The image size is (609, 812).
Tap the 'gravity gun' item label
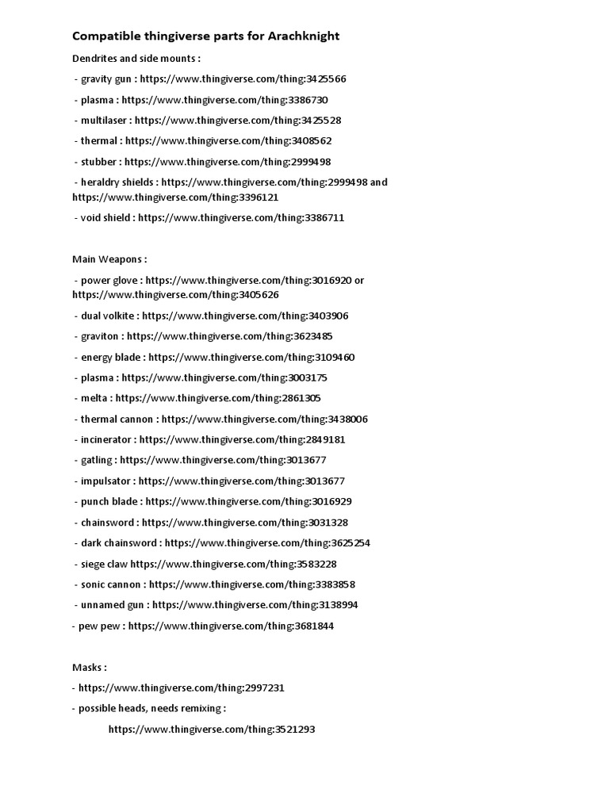107,79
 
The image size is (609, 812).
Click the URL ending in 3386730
224,100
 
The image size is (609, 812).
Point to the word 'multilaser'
105,121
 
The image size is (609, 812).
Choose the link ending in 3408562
228,141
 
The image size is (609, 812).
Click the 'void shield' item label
105,217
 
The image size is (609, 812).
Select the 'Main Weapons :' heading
109,259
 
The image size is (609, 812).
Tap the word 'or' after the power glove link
359,280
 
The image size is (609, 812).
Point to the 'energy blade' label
110,357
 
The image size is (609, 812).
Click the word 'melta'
94,398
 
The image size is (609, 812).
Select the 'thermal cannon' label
117,419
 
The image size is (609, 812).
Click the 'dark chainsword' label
119,543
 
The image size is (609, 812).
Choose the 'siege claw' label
104,564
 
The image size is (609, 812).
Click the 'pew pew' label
99,626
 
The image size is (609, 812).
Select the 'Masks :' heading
89,668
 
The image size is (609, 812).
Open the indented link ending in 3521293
212,730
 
